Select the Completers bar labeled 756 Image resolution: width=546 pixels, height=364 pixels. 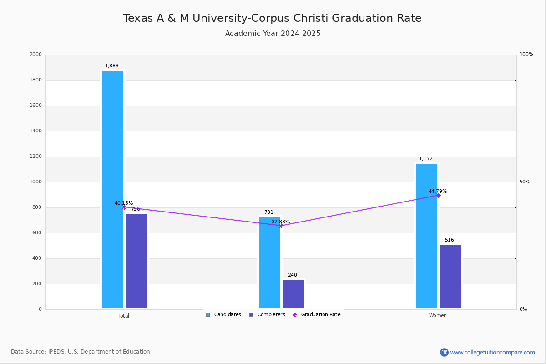point(136,261)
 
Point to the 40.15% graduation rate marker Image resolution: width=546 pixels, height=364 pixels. point(124,207)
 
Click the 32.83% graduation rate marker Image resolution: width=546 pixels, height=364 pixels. point(281,226)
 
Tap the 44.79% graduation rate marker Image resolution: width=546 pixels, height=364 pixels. point(438,195)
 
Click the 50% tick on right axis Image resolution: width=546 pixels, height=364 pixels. point(525,182)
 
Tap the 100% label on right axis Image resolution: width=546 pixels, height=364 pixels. point(526,55)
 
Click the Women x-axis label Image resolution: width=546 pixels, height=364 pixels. point(438,316)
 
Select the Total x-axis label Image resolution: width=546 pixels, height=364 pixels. point(124,316)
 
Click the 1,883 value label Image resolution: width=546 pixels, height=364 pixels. point(112,66)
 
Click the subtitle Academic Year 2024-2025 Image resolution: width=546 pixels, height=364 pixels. point(273,34)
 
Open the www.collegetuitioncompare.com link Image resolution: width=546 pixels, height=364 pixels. point(492,352)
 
